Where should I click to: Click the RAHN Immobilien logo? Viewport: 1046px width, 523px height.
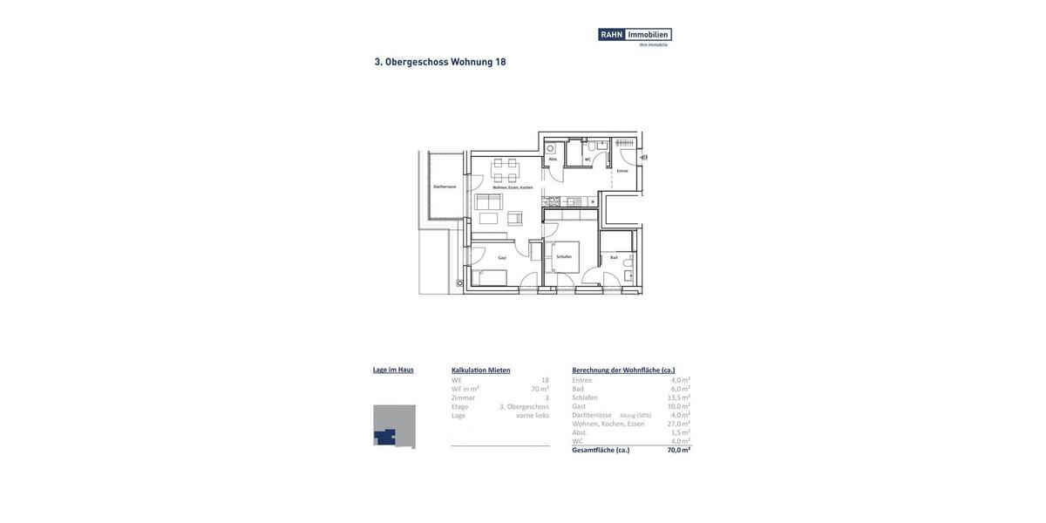tap(635, 36)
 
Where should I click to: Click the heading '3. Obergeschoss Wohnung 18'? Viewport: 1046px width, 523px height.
tap(440, 62)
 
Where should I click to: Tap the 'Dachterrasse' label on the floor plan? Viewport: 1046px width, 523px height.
tap(445, 187)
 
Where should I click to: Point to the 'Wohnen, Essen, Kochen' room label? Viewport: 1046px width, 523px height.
tap(513, 187)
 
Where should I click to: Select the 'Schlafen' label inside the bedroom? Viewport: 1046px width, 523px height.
tap(564, 256)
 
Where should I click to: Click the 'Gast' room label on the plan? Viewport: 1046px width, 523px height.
tap(502, 258)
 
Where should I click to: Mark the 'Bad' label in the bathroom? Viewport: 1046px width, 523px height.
tap(614, 257)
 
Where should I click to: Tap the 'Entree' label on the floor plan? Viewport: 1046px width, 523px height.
tap(622, 171)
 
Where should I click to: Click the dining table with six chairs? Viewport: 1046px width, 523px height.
tap(505, 170)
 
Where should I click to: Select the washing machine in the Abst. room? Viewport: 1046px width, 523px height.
tap(551, 149)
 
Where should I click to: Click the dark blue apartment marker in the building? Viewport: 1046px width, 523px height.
tap(384, 437)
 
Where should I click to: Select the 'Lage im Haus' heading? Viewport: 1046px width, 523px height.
tap(393, 370)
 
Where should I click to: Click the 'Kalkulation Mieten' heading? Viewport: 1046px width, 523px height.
tap(480, 370)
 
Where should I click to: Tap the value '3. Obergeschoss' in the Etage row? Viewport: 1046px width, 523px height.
tap(524, 407)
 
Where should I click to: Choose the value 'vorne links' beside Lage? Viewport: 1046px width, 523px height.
tap(532, 416)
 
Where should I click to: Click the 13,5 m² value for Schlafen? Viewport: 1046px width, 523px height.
tap(678, 397)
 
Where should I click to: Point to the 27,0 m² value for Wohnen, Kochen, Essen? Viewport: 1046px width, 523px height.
tap(678, 425)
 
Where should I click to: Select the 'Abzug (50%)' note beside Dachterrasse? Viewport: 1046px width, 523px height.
tap(635, 416)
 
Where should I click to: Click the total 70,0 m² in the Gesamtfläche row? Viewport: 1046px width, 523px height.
tap(678, 451)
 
